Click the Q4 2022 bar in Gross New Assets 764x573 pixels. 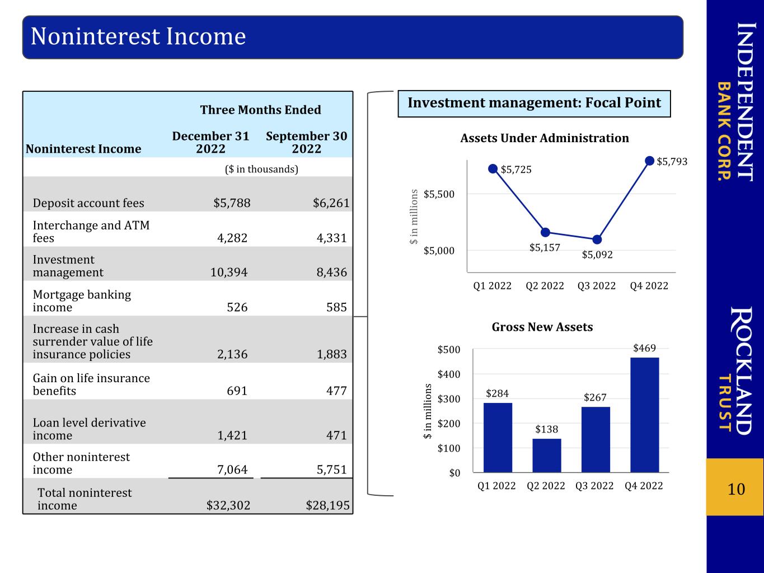click(644, 415)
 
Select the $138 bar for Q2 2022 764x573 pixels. click(546, 455)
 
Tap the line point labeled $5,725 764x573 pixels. click(493, 169)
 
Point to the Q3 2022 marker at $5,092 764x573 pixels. click(597, 239)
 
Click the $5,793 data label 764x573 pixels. click(672, 161)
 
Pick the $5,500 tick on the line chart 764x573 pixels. click(439, 194)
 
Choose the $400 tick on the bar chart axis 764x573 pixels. click(449, 374)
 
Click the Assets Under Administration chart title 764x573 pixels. click(545, 138)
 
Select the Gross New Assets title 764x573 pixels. click(542, 327)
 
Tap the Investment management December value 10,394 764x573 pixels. click(229, 272)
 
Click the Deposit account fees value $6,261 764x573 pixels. click(331, 203)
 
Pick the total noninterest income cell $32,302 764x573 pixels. click(228, 505)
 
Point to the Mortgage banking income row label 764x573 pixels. click(82, 301)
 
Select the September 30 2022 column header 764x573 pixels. click(307, 142)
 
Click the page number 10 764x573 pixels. click(736, 489)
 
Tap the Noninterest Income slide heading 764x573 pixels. click(138, 36)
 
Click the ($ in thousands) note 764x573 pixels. click(261, 169)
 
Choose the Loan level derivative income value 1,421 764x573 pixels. click(232, 435)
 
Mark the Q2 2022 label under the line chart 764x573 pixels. click(545, 285)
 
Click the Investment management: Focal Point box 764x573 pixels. click(535, 104)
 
